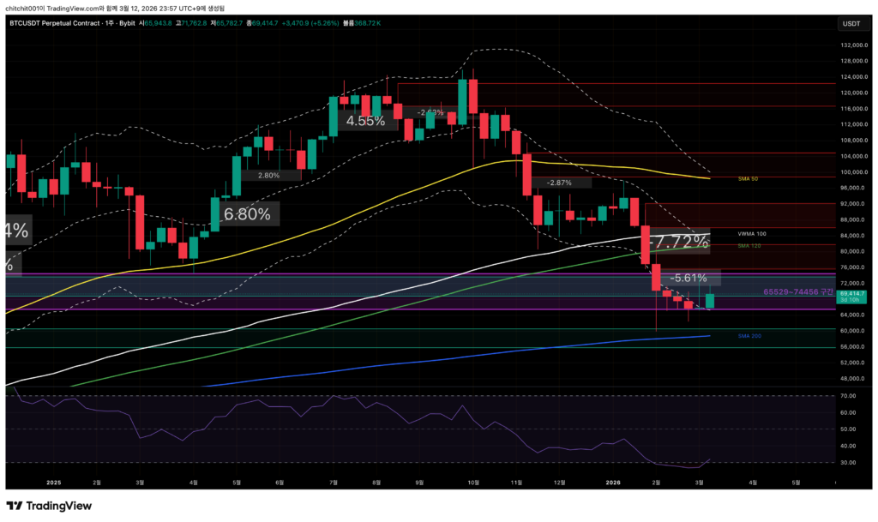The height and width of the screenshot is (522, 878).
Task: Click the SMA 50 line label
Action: tap(749, 178)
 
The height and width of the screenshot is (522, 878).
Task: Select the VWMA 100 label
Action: tap(751, 233)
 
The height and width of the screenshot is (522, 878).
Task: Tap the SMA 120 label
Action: tap(749, 246)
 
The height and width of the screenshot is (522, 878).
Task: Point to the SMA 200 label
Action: tap(749, 336)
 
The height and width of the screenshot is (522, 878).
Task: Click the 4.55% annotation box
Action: tap(365, 121)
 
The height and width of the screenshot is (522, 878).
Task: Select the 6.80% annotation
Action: tap(247, 213)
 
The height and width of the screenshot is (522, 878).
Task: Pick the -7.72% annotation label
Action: tap(677, 243)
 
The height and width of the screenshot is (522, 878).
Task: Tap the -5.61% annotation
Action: tap(689, 278)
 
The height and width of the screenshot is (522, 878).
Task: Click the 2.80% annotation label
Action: tap(268, 175)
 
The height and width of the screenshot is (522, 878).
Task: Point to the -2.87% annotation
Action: tap(558, 183)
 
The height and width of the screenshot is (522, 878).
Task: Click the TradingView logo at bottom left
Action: tap(49, 506)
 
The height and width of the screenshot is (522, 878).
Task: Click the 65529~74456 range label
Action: tap(797, 292)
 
